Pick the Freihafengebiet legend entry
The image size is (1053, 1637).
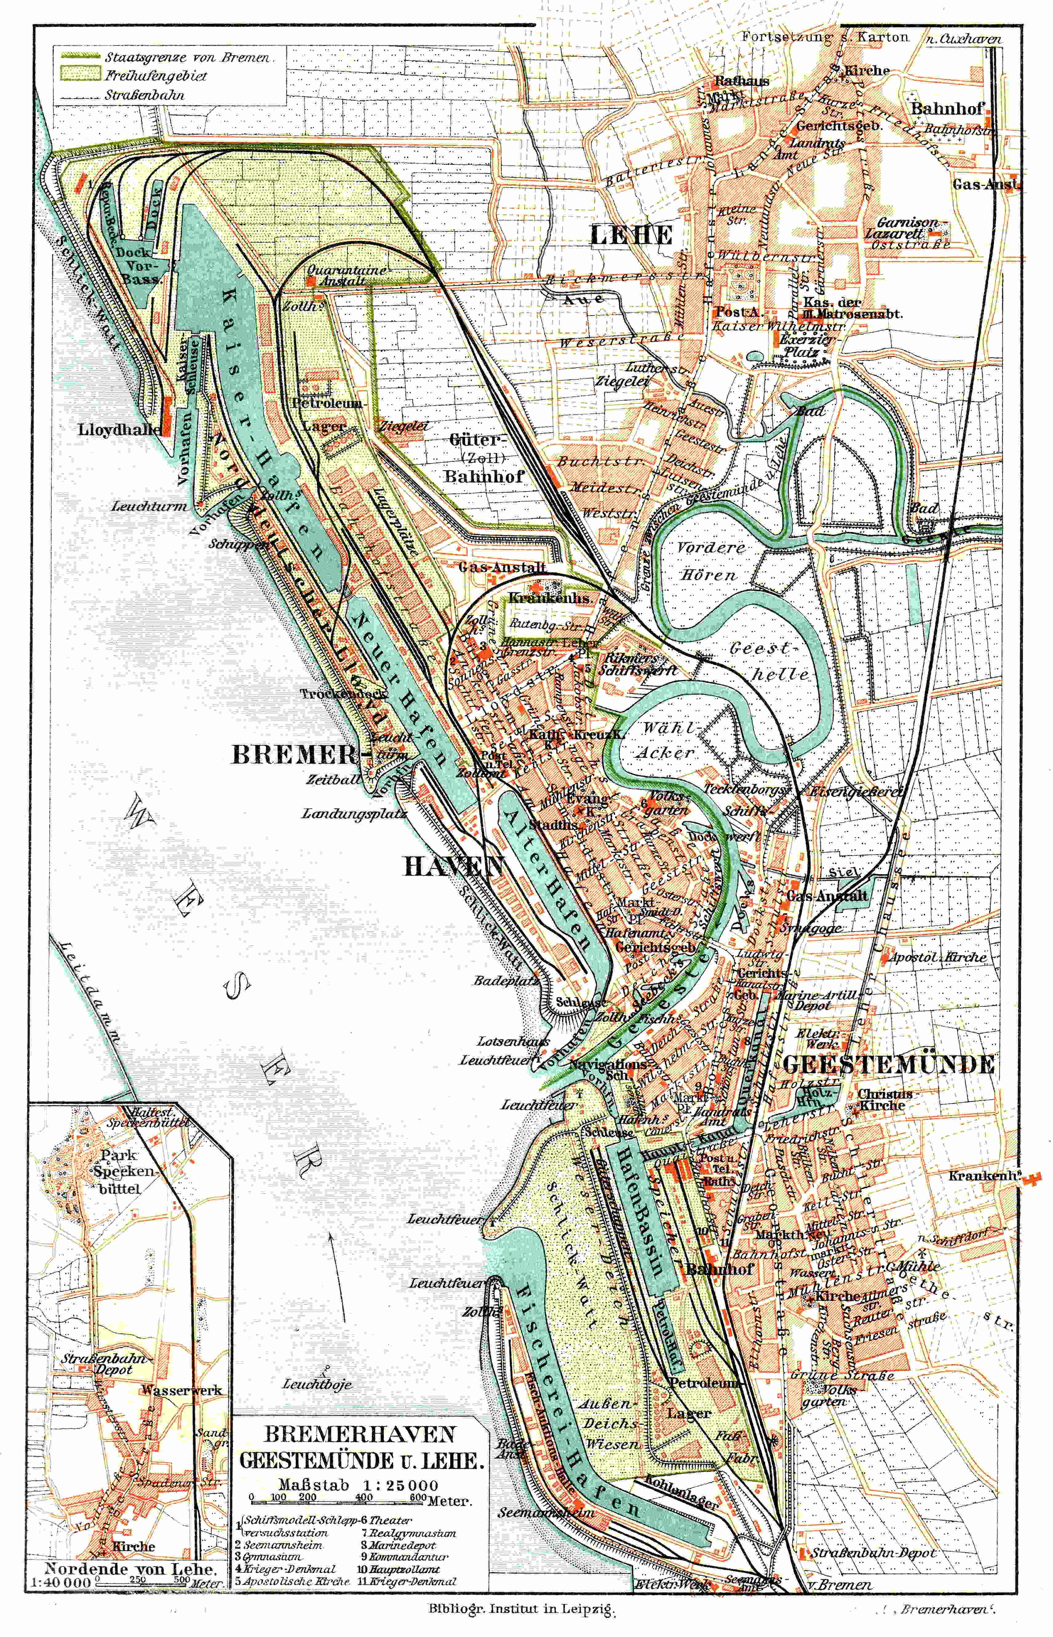click(x=155, y=75)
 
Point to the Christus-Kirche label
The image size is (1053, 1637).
click(x=887, y=1099)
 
